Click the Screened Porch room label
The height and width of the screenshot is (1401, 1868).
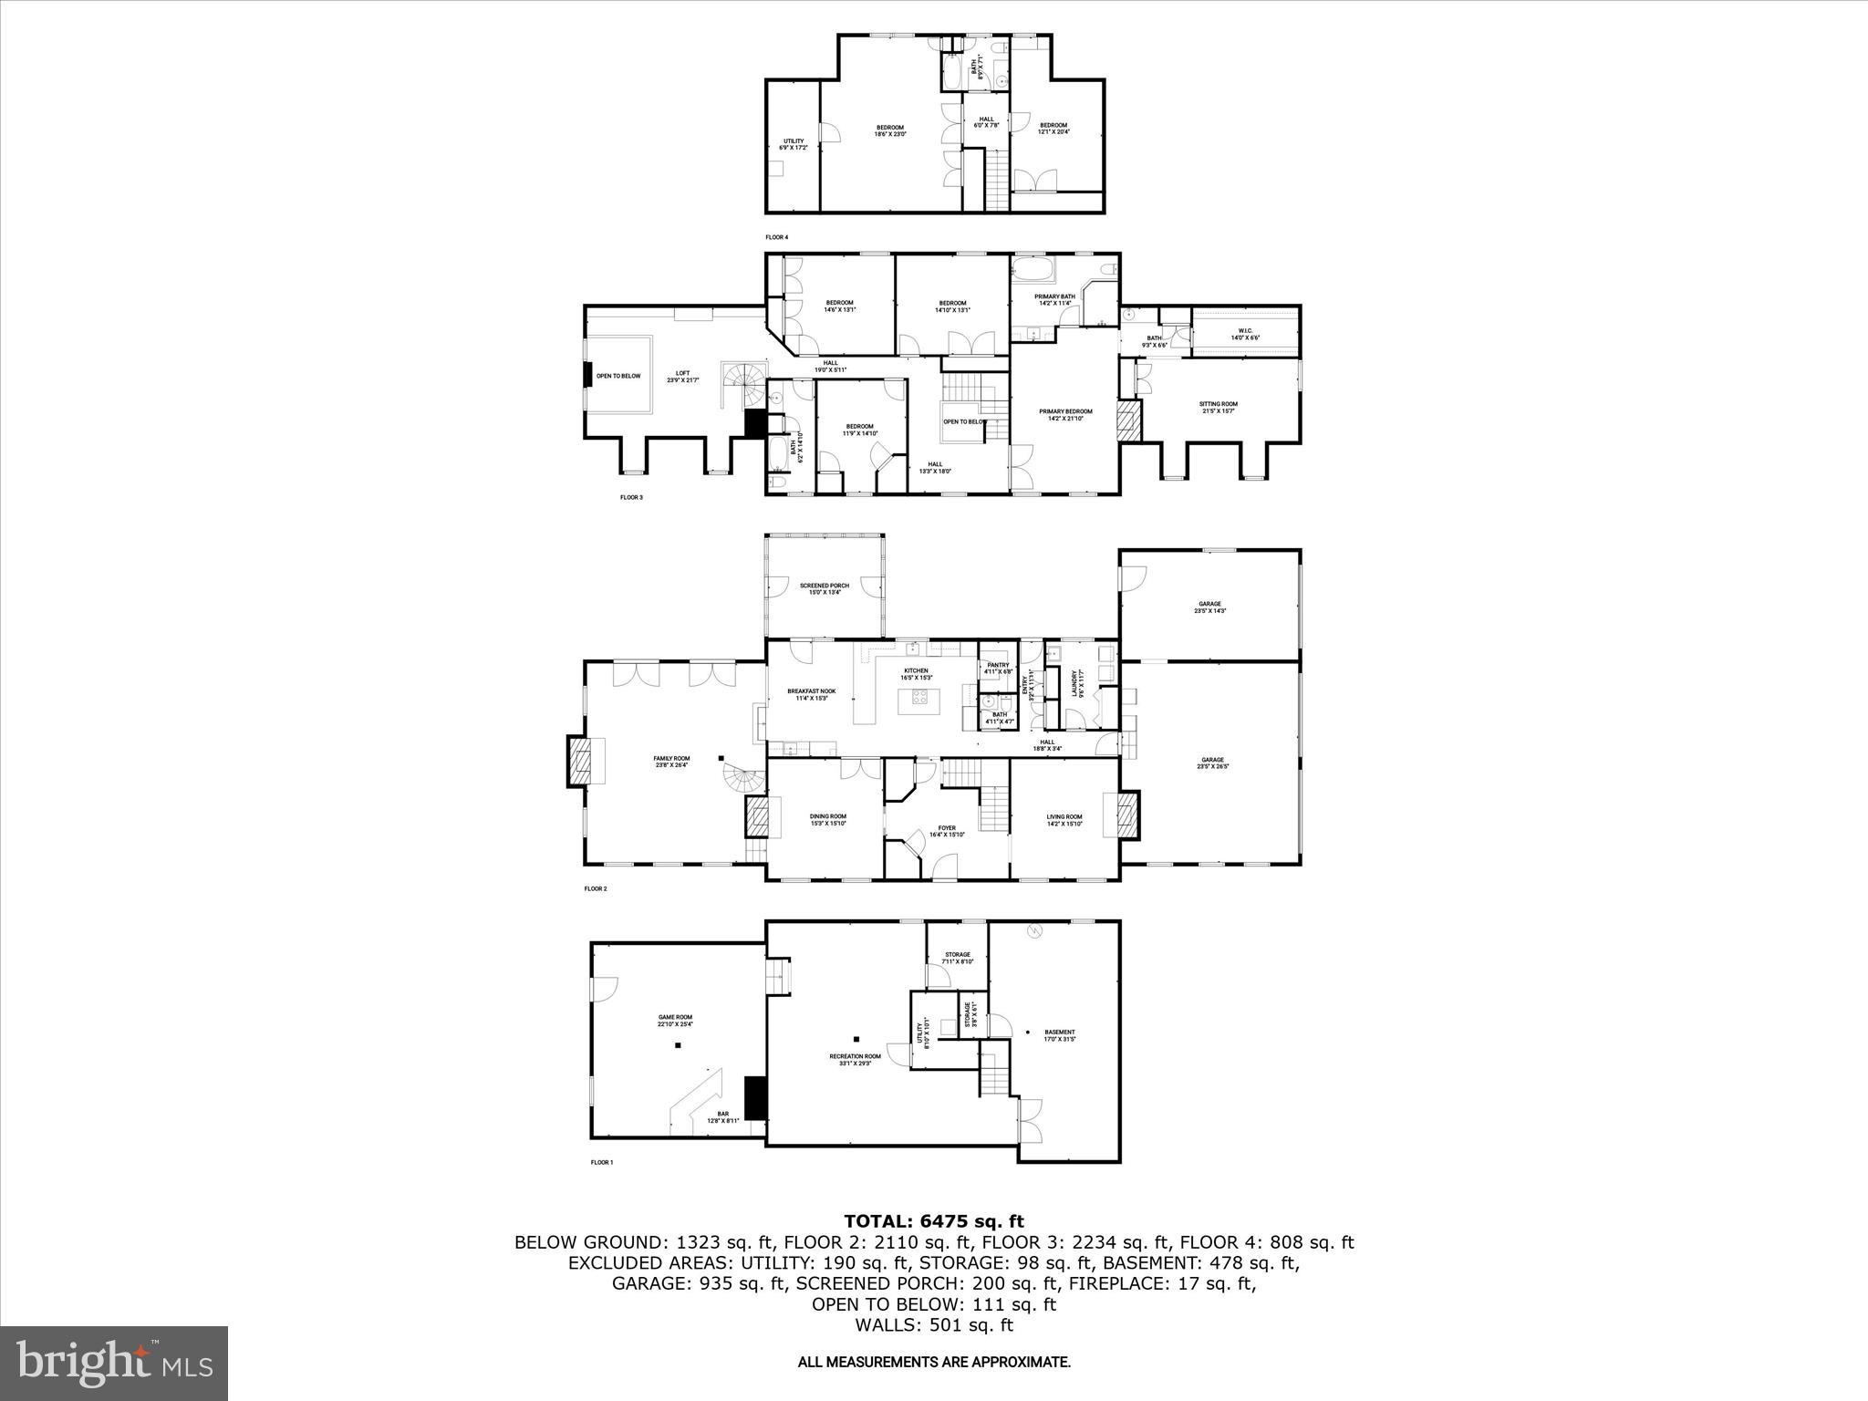coord(825,588)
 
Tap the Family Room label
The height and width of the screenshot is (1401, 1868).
coord(671,762)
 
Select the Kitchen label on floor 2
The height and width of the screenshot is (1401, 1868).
coord(916,673)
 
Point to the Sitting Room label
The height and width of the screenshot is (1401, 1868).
coord(1219,407)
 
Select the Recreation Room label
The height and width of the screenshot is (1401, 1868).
coord(855,1059)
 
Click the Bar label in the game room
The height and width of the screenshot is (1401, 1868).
coord(723,1116)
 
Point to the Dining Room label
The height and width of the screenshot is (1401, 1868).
coord(828,819)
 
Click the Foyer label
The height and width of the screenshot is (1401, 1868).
coord(947,831)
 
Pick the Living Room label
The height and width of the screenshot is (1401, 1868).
coord(1064,819)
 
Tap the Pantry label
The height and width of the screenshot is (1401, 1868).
coord(999,668)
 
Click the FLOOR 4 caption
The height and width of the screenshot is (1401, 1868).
coord(776,237)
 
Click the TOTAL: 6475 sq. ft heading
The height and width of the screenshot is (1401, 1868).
coord(933,1221)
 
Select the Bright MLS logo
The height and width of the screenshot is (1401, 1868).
coord(114,1363)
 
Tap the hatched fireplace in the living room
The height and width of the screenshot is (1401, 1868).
coord(1128,815)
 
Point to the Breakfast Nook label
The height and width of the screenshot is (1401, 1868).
coord(812,694)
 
